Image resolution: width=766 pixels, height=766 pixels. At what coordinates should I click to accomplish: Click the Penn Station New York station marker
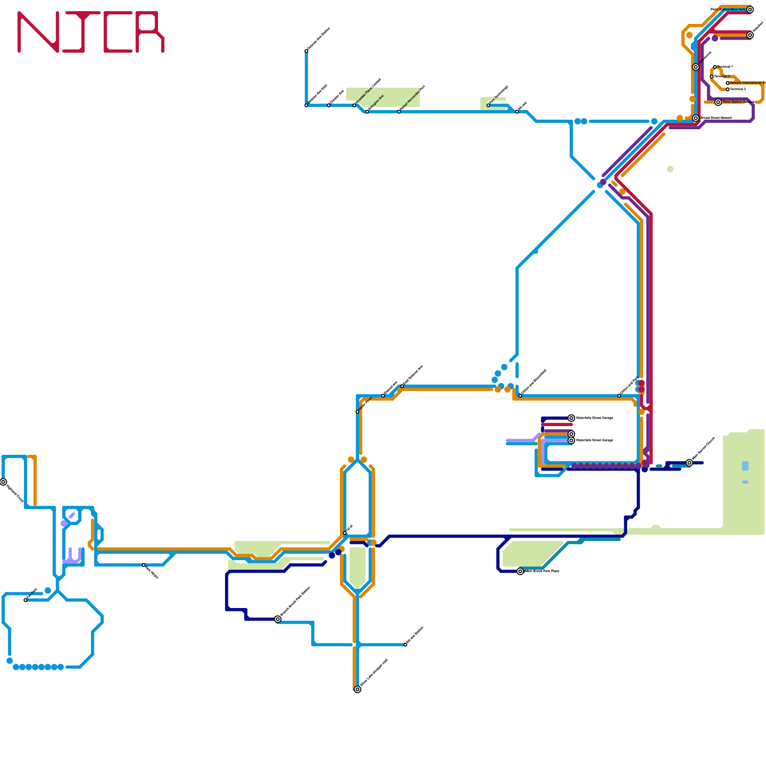point(750,10)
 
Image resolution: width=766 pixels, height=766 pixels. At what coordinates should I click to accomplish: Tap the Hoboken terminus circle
point(750,35)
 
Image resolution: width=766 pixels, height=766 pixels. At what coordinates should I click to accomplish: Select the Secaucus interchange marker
point(696,67)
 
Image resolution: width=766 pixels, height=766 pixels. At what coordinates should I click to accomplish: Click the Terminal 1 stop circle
point(715,67)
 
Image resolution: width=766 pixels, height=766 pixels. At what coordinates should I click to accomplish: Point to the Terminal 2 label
point(722,77)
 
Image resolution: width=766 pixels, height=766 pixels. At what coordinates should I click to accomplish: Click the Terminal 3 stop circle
point(728,89)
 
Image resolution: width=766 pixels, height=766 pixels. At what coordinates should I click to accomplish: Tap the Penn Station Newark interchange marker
point(718,102)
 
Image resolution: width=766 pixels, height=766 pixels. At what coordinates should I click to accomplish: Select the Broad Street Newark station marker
point(696,118)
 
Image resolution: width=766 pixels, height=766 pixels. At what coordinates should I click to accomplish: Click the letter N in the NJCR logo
point(38,32)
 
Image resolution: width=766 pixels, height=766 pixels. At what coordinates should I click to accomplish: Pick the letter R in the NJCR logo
point(150,32)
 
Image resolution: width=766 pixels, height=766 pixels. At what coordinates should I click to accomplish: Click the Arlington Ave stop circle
point(367,112)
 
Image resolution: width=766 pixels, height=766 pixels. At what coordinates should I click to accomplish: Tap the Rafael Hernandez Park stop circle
point(399,112)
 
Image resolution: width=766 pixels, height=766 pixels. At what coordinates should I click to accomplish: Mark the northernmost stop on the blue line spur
point(306,51)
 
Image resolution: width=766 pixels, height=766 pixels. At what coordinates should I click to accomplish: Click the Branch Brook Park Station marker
point(278,619)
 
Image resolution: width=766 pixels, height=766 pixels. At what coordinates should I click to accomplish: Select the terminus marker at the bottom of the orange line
point(358,689)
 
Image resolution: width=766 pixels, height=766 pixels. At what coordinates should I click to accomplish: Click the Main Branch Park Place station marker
point(520,571)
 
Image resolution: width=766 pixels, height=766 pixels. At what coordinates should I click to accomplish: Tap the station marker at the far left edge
point(3,482)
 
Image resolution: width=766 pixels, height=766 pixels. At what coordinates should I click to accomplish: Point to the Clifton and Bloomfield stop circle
point(520,395)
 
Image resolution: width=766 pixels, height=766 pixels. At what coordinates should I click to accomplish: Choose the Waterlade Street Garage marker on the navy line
point(571,418)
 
